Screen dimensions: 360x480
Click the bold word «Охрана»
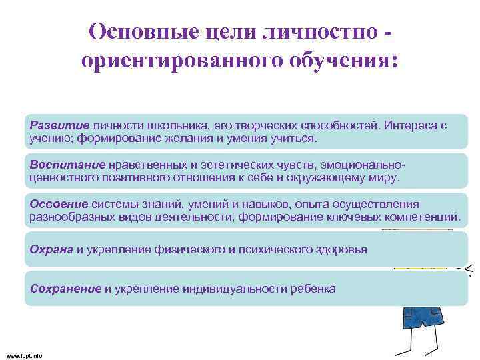point(52,249)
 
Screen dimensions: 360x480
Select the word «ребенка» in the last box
point(313,288)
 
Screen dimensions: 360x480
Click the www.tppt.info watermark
point(24,355)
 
